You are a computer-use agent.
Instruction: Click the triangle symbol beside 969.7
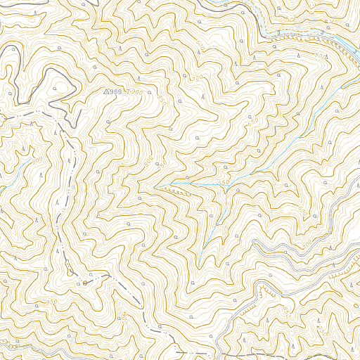coord(107,91)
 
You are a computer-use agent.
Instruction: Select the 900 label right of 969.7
coord(136,93)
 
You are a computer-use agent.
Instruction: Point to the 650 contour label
coord(252,120)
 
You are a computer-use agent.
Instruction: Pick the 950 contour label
coord(51,302)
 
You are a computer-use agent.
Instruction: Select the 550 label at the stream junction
coord(224,183)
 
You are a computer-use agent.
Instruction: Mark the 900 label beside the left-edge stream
coord(37,161)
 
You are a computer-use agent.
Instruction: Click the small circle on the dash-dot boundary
coord(85,282)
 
